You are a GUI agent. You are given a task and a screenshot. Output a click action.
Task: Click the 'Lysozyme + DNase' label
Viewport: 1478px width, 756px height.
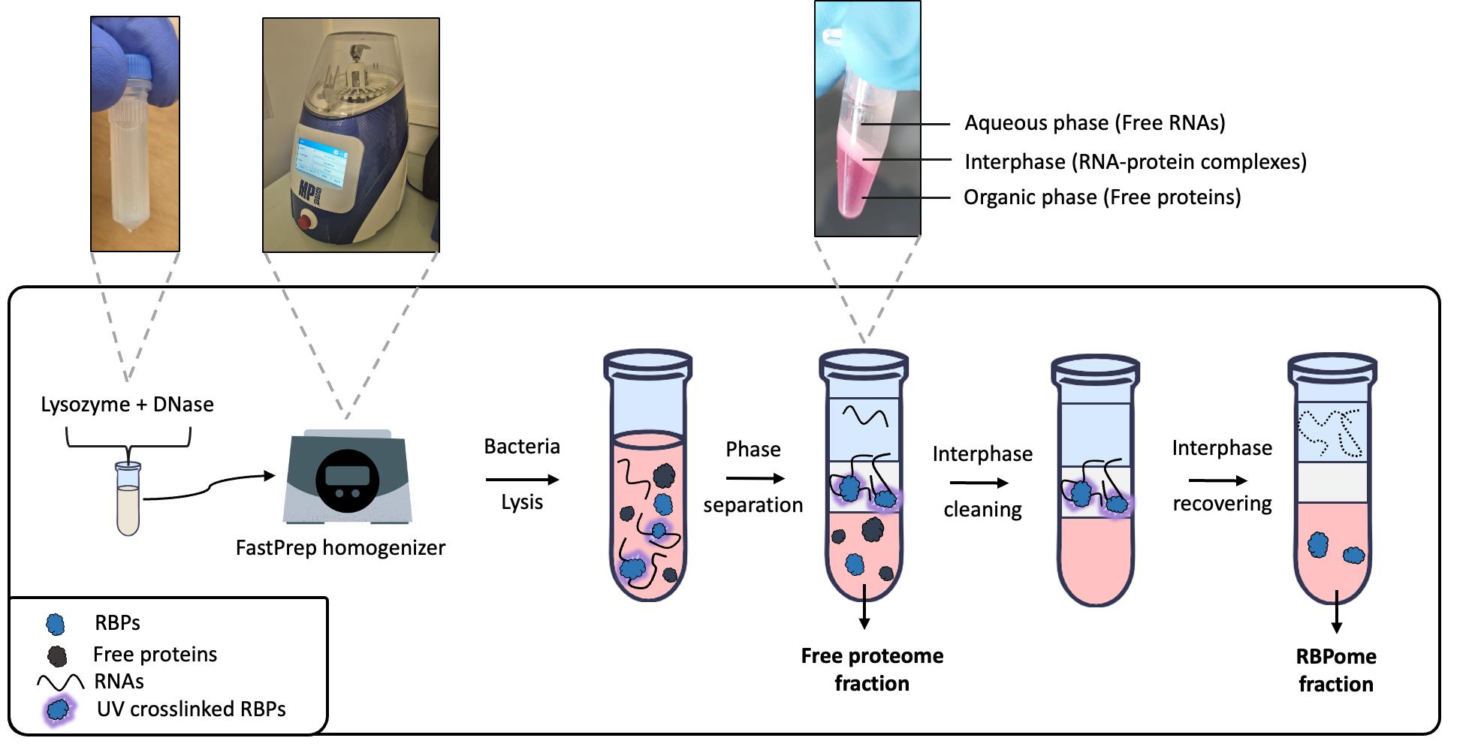pyautogui.click(x=127, y=405)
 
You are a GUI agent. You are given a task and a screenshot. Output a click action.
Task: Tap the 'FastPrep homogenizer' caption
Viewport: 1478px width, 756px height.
pyautogui.click(x=340, y=548)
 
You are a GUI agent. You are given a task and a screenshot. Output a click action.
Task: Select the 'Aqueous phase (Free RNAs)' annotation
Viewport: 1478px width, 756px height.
pyautogui.click(x=1094, y=123)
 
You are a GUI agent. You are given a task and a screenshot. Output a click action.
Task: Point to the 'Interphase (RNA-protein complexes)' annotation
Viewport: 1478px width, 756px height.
pyautogui.click(x=1135, y=162)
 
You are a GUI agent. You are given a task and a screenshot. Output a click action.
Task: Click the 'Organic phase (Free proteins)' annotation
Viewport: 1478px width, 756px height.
pyautogui.click(x=1102, y=197)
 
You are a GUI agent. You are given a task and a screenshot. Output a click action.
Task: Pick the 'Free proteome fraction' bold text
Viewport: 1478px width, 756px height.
pyautogui.click(x=872, y=670)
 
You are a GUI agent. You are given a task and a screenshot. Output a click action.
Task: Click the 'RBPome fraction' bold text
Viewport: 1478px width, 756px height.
pyautogui.click(x=1336, y=670)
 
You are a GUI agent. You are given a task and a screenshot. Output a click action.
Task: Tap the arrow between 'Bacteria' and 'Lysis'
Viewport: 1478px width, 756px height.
pyautogui.click(x=522, y=479)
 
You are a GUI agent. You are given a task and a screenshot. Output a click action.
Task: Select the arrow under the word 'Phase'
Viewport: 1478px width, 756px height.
pyautogui.click(x=755, y=478)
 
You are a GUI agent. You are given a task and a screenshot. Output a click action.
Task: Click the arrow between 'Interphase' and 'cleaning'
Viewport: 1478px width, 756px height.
pyautogui.click(x=979, y=483)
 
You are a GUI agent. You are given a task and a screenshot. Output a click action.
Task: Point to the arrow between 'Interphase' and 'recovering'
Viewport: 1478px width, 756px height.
pyautogui.click(x=1217, y=480)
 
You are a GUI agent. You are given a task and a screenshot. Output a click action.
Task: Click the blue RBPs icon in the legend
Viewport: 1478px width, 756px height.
pyautogui.click(x=56, y=624)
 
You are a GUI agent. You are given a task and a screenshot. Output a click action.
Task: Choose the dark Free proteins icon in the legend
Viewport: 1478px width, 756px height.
pyautogui.click(x=57, y=656)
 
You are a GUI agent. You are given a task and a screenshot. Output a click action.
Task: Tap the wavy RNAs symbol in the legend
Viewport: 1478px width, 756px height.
pyautogui.click(x=60, y=682)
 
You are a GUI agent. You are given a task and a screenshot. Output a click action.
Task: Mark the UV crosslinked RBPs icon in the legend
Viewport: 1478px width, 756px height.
pyautogui.click(x=59, y=709)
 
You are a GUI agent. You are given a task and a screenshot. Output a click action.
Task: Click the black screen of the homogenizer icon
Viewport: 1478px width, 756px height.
pyautogui.click(x=347, y=480)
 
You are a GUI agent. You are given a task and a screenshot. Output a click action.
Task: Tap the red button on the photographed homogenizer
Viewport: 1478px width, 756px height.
pyautogui.click(x=305, y=221)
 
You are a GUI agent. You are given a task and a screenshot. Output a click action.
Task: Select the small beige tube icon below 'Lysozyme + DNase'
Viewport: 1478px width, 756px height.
pyautogui.click(x=128, y=499)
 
